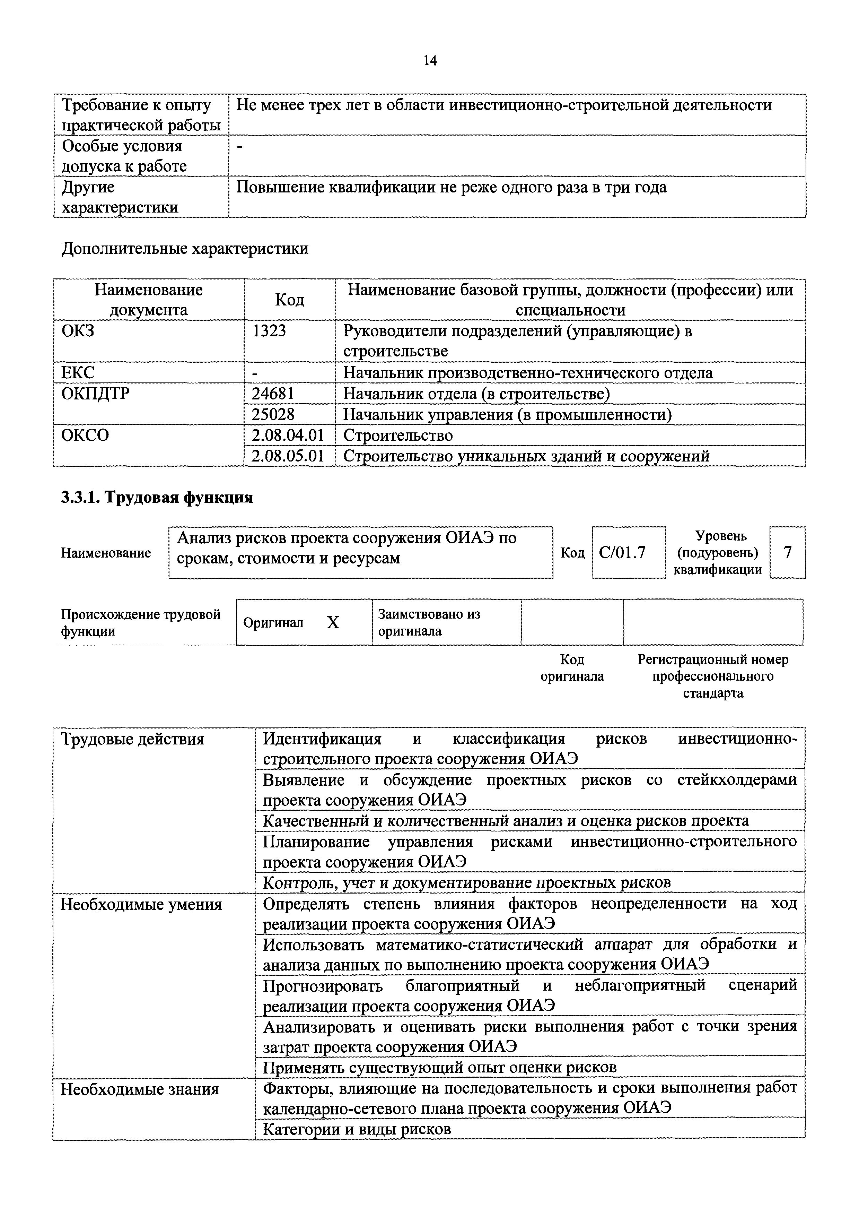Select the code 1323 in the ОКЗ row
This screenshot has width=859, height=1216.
tap(269, 331)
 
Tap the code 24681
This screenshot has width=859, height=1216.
tap(273, 394)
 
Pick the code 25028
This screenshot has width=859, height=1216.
tap(273, 414)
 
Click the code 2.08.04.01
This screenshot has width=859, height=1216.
tap(287, 435)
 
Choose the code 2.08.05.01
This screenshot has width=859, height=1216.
tap(287, 456)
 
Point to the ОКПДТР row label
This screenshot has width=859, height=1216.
tap(95, 394)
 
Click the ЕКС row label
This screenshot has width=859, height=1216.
tap(78, 373)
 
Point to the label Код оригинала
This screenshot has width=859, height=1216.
tap(572, 668)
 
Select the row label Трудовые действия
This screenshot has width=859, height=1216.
tap(132, 739)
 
